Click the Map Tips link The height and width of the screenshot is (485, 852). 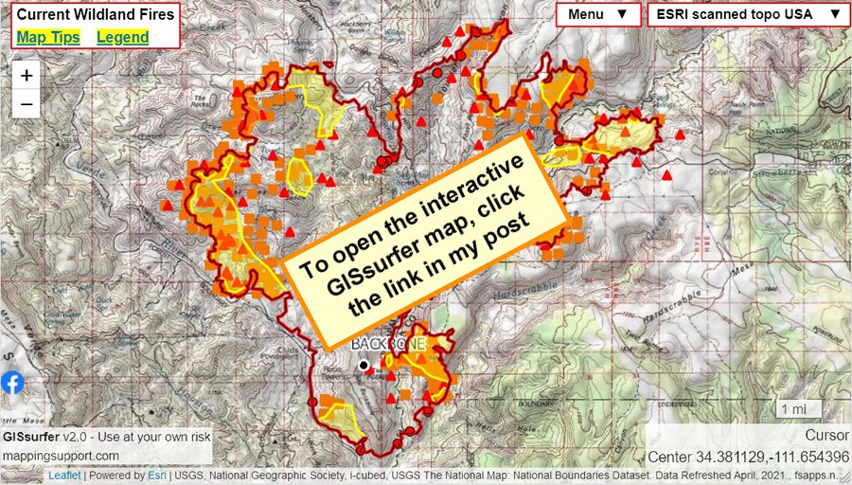48,37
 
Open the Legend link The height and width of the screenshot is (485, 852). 122,37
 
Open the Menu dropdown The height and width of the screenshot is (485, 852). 597,14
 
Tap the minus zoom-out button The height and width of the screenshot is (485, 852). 27,103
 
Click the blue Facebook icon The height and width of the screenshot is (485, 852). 12,383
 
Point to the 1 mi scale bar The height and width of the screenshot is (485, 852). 795,408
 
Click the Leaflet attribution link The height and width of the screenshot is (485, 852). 65,476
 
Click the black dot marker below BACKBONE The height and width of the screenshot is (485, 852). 364,365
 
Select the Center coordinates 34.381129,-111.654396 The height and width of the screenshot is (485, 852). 748,457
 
